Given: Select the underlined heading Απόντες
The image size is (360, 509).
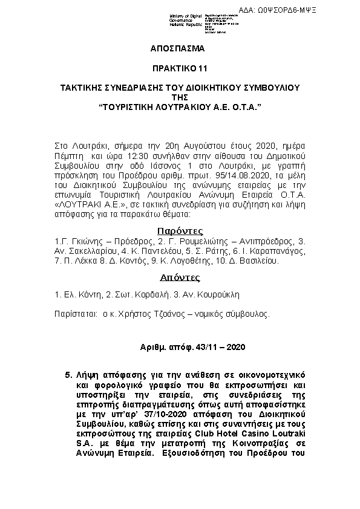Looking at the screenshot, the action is pyautogui.click(x=179, y=278).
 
